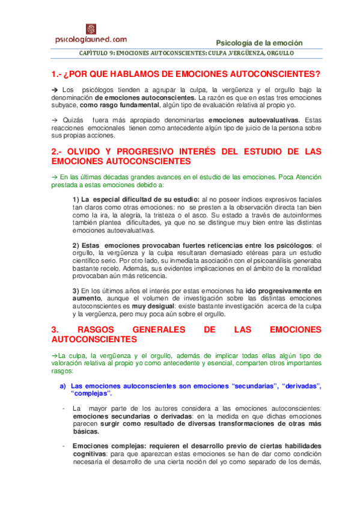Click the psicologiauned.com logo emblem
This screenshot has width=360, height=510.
coord(91,29)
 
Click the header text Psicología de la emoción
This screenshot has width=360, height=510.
coord(259,43)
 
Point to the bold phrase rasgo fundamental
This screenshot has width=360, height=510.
coord(114,104)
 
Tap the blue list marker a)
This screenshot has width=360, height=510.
coord(63,386)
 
